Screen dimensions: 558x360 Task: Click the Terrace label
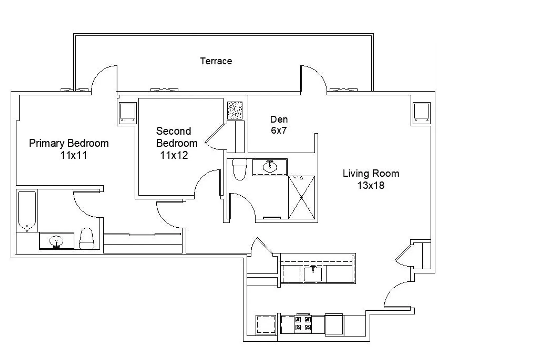(x=216, y=61)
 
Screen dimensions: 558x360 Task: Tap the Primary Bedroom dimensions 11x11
(x=74, y=155)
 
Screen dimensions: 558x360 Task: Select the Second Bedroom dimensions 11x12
(x=174, y=155)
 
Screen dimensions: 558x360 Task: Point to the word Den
(x=279, y=119)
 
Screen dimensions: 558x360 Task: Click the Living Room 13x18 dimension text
(x=371, y=185)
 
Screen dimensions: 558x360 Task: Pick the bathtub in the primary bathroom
(x=27, y=211)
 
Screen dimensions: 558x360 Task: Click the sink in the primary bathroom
(x=57, y=241)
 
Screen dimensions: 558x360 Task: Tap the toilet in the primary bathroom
(x=86, y=239)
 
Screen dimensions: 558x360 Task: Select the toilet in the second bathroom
(x=240, y=169)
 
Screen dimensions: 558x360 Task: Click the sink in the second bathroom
(x=270, y=167)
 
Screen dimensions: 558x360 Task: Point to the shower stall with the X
(x=301, y=197)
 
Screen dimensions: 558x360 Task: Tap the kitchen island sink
(x=313, y=274)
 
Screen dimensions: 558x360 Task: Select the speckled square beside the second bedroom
(x=235, y=110)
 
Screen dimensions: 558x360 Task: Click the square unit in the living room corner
(x=421, y=113)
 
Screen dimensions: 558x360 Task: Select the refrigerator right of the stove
(x=334, y=325)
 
